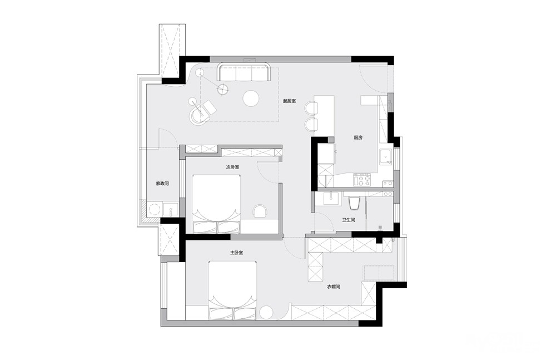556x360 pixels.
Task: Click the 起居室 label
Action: coord(289,101)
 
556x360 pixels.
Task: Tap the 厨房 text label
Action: coord(358,138)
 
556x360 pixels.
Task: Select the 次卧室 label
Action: coord(232,167)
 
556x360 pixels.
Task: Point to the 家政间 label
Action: coord(162,184)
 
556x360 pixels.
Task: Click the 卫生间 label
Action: coord(349,220)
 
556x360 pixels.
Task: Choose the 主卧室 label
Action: coord(236,253)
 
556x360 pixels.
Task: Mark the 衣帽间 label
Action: coord(333,287)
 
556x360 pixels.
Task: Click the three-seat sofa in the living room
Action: coord(244,72)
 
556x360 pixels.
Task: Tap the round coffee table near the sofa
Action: coord(251,98)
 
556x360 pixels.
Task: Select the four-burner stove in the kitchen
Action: coord(362,179)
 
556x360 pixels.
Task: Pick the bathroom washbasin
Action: coord(332,199)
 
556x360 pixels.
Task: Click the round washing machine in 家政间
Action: coord(155,209)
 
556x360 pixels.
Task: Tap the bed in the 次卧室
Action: coord(216,204)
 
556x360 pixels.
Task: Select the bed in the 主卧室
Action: coord(232,290)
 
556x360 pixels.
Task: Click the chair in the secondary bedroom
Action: coord(261,211)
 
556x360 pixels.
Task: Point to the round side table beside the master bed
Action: coord(266,313)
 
